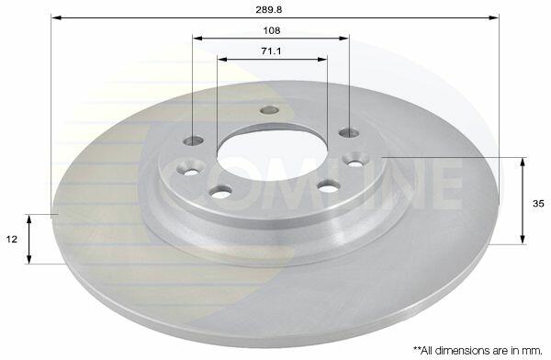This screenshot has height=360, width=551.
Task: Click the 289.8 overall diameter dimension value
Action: click(x=268, y=9)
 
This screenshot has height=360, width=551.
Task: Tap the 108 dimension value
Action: click(x=272, y=30)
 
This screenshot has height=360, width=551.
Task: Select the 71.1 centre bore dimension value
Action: click(x=271, y=51)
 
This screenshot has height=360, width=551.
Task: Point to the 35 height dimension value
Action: click(x=538, y=204)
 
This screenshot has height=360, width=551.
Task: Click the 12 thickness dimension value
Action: click(x=12, y=240)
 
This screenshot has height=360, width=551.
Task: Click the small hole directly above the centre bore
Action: click(x=269, y=110)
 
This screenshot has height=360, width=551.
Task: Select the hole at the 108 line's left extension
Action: click(x=194, y=141)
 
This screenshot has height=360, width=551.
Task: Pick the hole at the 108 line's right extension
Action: click(x=349, y=132)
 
